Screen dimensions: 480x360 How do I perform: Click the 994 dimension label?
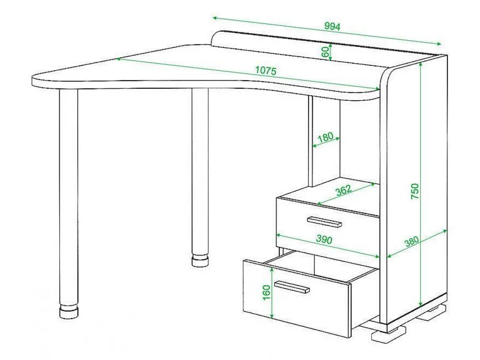[332, 26]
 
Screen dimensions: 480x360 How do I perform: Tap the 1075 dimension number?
[266, 70]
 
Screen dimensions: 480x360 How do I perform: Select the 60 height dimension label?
[325, 52]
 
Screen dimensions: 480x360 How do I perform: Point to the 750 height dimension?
[415, 191]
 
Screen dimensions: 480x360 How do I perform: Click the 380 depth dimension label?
[412, 241]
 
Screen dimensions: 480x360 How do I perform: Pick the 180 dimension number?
[325, 138]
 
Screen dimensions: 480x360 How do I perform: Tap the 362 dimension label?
[344, 190]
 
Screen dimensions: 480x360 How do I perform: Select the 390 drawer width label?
[324, 240]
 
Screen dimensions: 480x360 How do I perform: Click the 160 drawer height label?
[266, 293]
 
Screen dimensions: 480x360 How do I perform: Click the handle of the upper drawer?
[324, 222]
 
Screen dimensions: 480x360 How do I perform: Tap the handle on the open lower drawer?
[292, 287]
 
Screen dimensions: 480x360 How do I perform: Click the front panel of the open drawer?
[297, 298]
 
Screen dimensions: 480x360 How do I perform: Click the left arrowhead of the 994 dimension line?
[214, 18]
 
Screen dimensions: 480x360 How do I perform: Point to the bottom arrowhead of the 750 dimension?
[420, 304]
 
